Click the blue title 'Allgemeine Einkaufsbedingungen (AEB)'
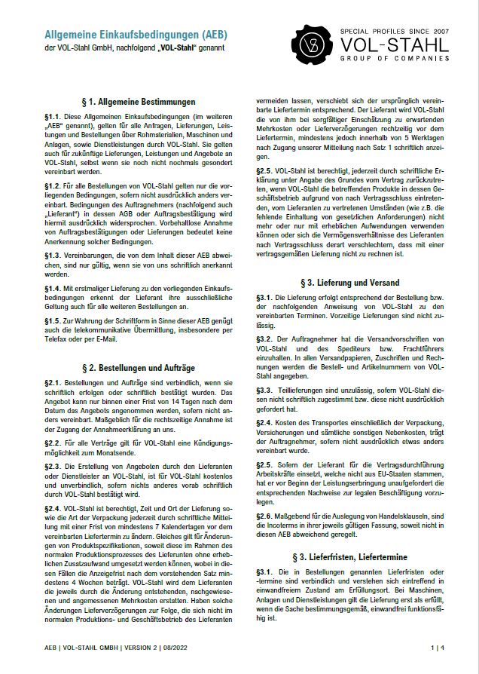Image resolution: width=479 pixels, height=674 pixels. [136, 35]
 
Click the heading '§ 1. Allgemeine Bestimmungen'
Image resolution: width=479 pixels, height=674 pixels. [138, 101]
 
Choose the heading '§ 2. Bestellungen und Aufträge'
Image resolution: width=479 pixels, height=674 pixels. [138, 368]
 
